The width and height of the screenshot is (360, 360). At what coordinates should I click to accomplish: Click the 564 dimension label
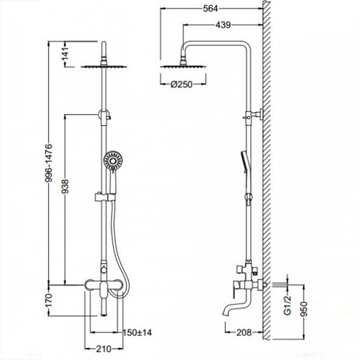[x=211, y=9]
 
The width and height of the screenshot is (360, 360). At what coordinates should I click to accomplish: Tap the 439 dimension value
[x=223, y=25]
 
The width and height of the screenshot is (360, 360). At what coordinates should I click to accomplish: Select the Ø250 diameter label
[x=181, y=85]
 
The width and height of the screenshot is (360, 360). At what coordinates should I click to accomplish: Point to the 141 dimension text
[x=65, y=53]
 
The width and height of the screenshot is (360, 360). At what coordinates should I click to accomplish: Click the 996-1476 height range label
[x=49, y=163]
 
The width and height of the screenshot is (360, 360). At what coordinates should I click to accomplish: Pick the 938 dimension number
[x=65, y=187]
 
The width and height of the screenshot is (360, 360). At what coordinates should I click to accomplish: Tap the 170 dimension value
[x=49, y=301]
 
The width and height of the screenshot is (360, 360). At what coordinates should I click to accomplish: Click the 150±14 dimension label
[x=137, y=332]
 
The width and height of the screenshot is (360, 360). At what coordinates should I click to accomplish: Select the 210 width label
[x=104, y=349]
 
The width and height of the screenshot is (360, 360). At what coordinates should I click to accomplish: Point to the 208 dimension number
[x=244, y=332]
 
